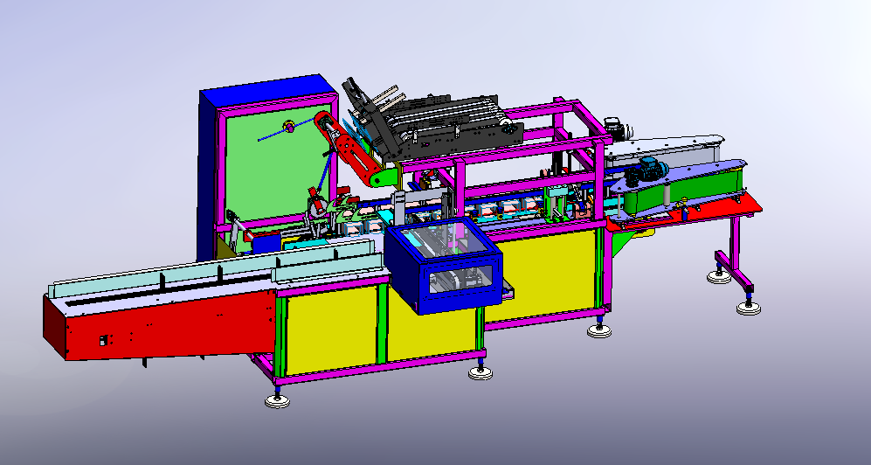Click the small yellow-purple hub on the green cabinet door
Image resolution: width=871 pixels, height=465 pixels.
pyautogui.click(x=287, y=128)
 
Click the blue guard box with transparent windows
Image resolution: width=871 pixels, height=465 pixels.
pyautogui.click(x=443, y=267)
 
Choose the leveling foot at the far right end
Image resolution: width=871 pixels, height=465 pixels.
pyautogui.click(x=747, y=308)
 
